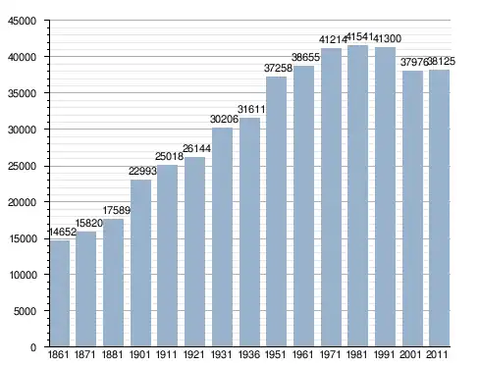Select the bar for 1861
(60, 293)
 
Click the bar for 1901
(140, 263)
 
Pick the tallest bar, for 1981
(357, 196)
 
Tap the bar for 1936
(249, 232)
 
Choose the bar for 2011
(439, 208)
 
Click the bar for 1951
(277, 212)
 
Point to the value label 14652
(63, 232)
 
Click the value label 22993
(142, 171)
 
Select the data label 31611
(251, 109)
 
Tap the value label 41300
(387, 38)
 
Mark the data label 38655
(305, 57)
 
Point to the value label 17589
(117, 210)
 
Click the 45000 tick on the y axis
(22, 21)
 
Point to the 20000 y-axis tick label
(22, 202)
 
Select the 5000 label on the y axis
(25, 311)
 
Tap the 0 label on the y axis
(33, 347)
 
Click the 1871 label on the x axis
(85, 354)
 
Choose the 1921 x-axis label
(193, 354)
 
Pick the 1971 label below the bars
(330, 354)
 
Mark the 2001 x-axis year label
(410, 354)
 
